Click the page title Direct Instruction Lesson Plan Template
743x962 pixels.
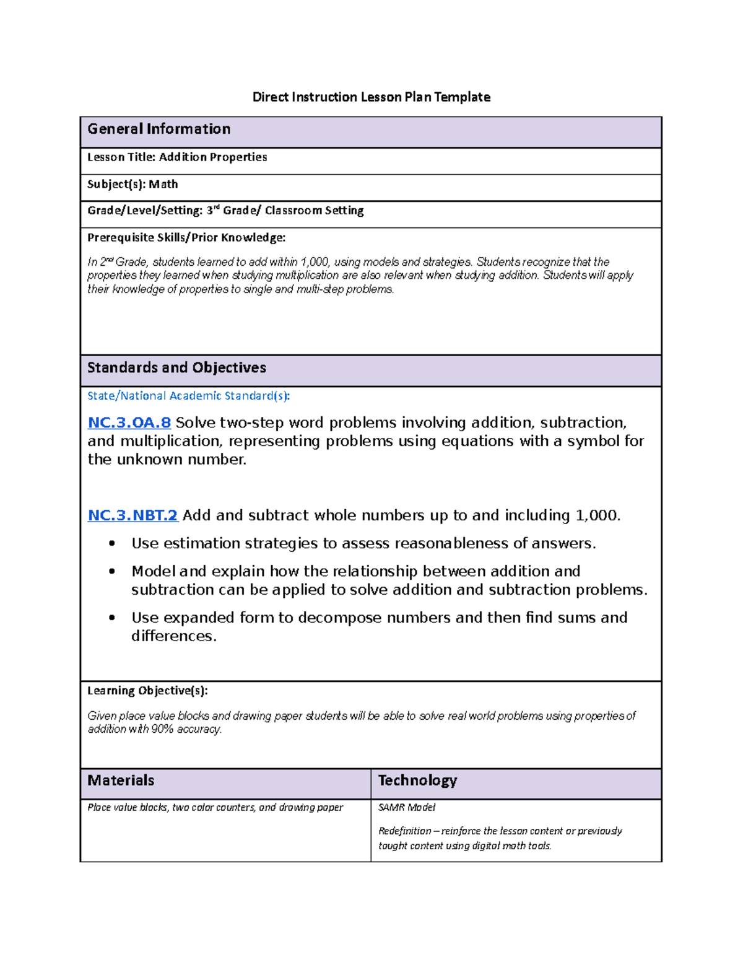(371, 97)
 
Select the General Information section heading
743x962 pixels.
(159, 129)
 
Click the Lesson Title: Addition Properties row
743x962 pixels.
(177, 157)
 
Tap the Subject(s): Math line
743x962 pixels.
(133, 185)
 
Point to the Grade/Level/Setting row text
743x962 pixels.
(225, 211)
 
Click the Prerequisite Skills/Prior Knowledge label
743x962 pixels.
(186, 238)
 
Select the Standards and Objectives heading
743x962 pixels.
(176, 368)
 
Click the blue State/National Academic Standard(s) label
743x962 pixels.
(188, 396)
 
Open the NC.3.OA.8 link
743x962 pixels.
(129, 423)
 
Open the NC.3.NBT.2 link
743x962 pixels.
(133, 515)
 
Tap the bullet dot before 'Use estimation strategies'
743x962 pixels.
(112, 544)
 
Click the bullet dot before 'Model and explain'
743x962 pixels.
(112, 572)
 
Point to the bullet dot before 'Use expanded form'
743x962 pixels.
(112, 618)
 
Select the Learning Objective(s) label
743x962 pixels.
(147, 691)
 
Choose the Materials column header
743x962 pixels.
(121, 781)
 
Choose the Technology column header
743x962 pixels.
(417, 781)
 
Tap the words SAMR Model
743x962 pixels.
(407, 808)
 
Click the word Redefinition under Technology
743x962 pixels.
(404, 831)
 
